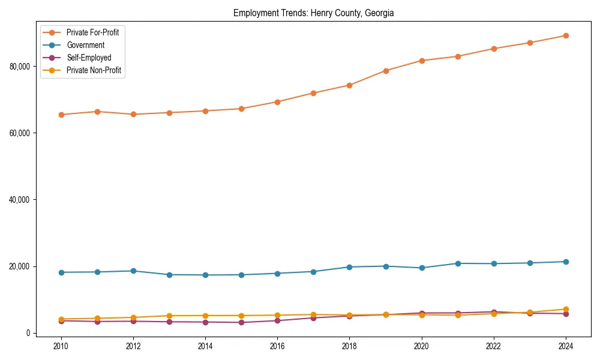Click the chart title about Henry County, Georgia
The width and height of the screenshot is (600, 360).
click(313, 13)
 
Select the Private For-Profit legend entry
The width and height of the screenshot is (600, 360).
click(92, 32)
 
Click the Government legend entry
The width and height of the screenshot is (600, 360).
click(85, 45)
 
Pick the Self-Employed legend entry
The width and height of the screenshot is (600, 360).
click(89, 58)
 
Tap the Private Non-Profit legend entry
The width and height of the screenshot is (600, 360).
click(94, 71)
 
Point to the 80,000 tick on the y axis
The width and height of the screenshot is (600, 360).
click(20, 66)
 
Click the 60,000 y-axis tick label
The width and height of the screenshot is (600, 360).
click(20, 133)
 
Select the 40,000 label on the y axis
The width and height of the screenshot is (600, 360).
click(20, 200)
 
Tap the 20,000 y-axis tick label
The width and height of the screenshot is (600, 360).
click(20, 266)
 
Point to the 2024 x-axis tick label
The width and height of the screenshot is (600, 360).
click(566, 346)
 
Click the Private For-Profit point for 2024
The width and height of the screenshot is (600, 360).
click(566, 35)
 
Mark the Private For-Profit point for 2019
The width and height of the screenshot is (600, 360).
click(386, 71)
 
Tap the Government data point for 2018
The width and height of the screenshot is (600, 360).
click(349, 267)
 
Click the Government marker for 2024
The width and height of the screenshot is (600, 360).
click(566, 262)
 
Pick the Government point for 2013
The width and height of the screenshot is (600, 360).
click(169, 275)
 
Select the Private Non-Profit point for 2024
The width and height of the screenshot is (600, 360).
click(566, 310)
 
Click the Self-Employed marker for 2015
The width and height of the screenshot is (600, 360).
click(241, 323)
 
